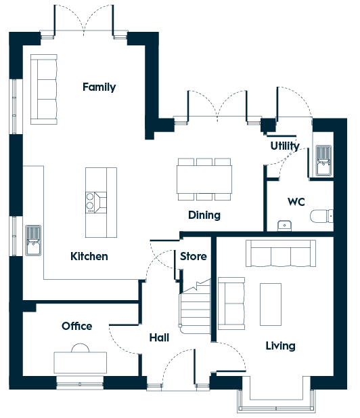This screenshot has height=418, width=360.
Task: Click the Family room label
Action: (x=99, y=87)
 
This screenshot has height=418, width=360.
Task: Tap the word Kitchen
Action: (x=89, y=256)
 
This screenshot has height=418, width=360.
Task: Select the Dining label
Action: (x=204, y=215)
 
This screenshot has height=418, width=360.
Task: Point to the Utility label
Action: (x=285, y=146)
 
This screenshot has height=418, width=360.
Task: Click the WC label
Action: (x=296, y=202)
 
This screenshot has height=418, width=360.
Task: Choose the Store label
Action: (x=194, y=256)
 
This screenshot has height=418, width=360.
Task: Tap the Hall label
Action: (x=159, y=337)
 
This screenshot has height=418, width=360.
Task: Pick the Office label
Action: (x=77, y=326)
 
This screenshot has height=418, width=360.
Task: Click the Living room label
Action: (x=280, y=346)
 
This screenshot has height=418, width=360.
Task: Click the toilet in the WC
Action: (x=321, y=216)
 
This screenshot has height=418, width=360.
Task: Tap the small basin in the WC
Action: (x=284, y=226)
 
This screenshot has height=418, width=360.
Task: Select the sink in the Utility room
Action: (x=323, y=161)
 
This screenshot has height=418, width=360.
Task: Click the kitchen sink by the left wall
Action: (x=33, y=241)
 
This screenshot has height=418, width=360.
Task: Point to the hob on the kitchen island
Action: (x=96, y=203)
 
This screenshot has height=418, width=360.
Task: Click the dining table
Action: (x=204, y=179)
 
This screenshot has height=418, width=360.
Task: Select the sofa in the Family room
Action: (x=44, y=89)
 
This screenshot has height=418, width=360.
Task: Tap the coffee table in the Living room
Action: (x=271, y=304)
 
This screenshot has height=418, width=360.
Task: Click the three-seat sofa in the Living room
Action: (x=281, y=253)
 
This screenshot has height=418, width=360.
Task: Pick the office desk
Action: (x=80, y=362)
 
